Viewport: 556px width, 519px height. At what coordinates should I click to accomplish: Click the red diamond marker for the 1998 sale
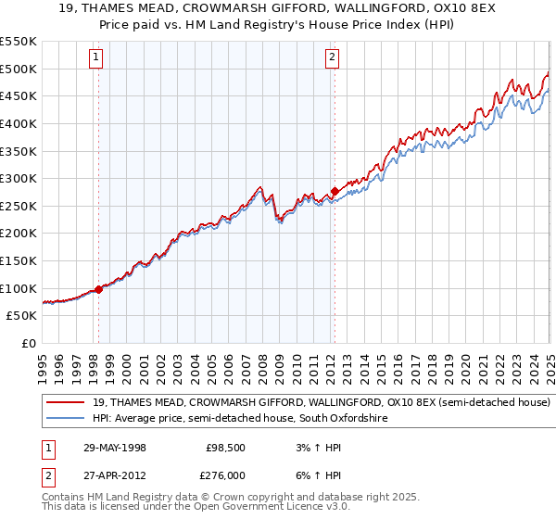tap(98, 289)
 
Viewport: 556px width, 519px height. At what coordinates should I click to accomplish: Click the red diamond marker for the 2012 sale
tap(334, 192)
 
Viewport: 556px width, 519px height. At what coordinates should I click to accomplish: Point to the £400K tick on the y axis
tap(19, 123)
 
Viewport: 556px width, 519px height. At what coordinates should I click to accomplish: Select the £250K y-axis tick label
tap(19, 206)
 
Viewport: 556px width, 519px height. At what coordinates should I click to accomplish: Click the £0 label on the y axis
tap(28, 343)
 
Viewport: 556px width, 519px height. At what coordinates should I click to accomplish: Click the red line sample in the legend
tap(65, 403)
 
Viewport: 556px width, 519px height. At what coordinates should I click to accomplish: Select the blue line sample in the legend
tap(65, 419)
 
